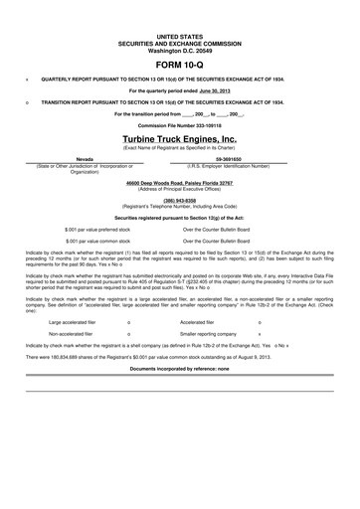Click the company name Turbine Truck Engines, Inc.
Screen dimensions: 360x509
coord(179,140)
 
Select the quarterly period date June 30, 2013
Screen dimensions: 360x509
coord(217,88)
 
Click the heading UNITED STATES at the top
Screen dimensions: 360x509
coord(179,33)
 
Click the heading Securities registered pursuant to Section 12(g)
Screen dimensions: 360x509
coord(179,215)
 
